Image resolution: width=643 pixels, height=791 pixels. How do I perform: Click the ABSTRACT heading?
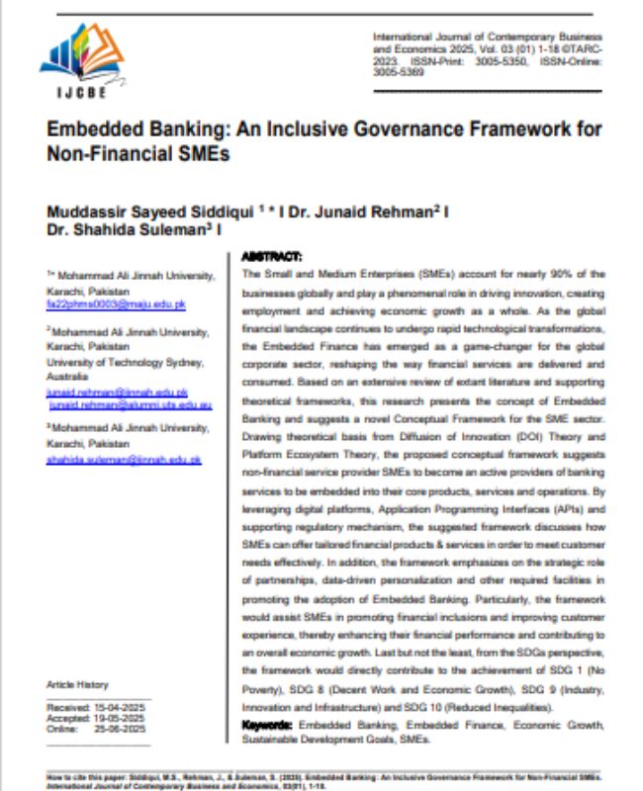pos(272,255)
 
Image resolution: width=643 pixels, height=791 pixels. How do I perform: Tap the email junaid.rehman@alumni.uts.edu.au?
pos(130,404)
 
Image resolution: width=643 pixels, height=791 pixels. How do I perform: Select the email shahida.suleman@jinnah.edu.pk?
pos(124,460)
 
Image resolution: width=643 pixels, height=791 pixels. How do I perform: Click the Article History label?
pos(77,684)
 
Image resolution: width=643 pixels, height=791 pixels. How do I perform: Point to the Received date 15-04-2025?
pos(120,708)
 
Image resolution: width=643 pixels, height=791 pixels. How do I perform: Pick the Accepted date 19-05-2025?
pos(120,718)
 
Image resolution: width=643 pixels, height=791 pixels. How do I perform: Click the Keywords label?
pos(267,725)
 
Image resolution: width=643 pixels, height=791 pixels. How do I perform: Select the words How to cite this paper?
pos(79,778)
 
